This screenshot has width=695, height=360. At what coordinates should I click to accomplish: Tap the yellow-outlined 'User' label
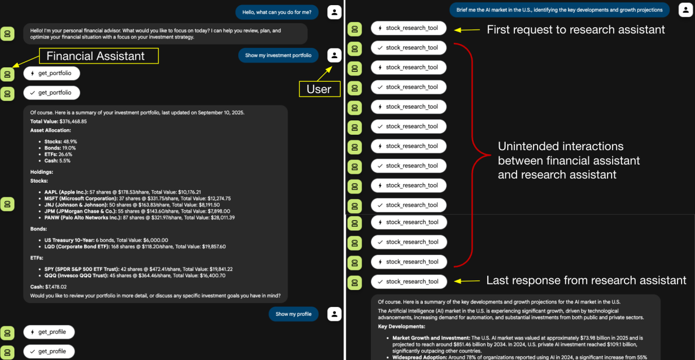319,89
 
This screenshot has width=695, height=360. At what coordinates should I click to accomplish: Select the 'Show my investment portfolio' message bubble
278,56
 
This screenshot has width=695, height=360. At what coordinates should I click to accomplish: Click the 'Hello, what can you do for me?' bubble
277,12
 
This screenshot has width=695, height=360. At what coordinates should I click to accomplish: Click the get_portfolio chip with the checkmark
51,93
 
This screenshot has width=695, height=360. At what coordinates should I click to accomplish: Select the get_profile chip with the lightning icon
48,332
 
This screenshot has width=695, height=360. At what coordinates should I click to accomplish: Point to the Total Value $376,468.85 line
59,121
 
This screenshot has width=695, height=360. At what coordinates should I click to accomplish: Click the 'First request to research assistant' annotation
576,30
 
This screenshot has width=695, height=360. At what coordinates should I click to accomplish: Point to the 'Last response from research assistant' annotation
586,280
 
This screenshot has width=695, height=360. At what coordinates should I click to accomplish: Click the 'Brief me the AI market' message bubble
559,10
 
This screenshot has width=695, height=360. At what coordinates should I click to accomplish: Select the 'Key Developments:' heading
401,326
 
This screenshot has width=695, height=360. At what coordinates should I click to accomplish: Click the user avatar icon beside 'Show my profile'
334,314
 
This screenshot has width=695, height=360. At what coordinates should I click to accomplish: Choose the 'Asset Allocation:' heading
50,131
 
